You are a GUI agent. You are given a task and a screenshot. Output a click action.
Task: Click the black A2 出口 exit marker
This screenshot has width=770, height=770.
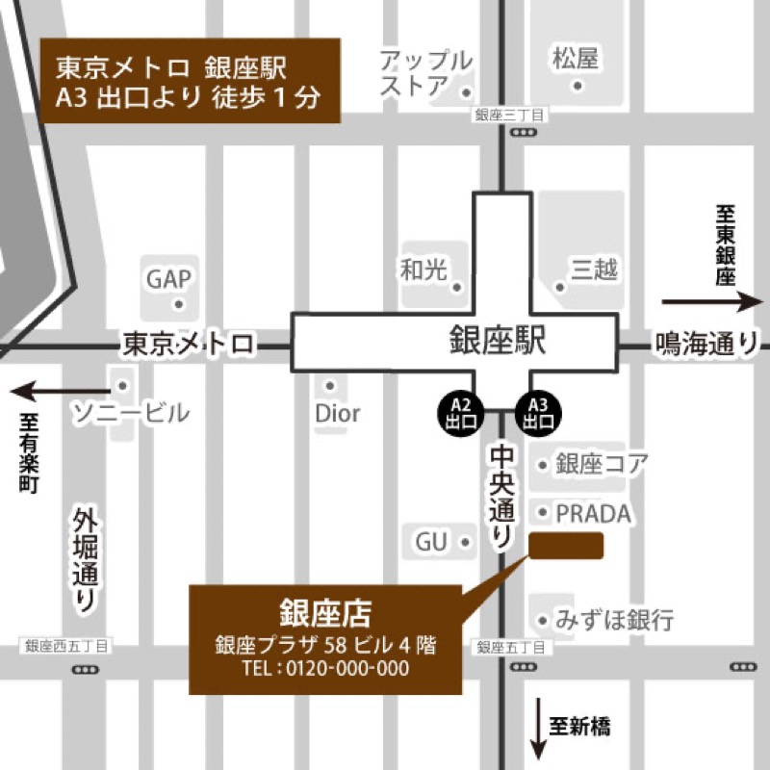459,411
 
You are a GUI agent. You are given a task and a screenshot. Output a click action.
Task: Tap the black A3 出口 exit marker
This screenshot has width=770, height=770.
538,411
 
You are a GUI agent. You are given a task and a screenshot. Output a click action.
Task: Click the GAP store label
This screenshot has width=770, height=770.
170,279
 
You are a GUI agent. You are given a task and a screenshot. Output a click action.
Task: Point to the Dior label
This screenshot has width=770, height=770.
337,414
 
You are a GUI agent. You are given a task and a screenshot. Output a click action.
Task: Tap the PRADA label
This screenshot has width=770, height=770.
593,513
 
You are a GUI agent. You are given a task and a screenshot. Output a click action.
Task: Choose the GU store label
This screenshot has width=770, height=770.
432,542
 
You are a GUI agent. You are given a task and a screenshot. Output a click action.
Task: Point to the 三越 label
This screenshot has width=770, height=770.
593,270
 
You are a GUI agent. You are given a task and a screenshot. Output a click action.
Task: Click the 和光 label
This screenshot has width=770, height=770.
424,270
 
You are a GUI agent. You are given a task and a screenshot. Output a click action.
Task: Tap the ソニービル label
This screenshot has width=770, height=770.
132,414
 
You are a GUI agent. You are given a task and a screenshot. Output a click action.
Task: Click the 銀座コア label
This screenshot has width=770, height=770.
602,464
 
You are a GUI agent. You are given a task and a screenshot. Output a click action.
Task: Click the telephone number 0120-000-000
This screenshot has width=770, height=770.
348,668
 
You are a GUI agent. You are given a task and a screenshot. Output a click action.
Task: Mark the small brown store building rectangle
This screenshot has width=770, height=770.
566,545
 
